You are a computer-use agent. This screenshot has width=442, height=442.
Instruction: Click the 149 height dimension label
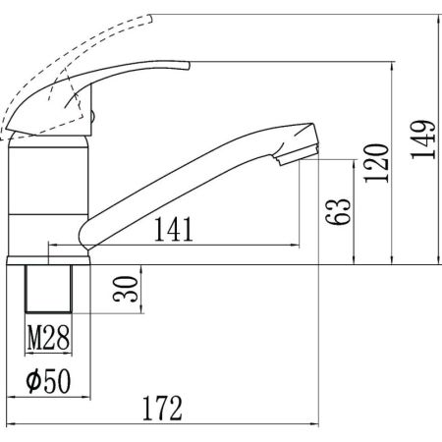click(423, 139)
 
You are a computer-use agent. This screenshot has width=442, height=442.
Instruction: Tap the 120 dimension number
click(376, 163)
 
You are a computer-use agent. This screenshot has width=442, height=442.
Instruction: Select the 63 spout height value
click(338, 211)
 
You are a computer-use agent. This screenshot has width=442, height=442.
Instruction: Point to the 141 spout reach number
click(173, 229)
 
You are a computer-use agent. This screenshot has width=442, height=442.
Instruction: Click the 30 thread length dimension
click(126, 289)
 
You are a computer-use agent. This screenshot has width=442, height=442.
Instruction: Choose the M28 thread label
click(48, 338)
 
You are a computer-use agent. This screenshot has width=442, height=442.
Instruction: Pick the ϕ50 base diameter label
click(48, 381)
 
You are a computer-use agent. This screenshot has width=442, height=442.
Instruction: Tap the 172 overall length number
click(162, 408)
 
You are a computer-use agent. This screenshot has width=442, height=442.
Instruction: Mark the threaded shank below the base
click(48, 289)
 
